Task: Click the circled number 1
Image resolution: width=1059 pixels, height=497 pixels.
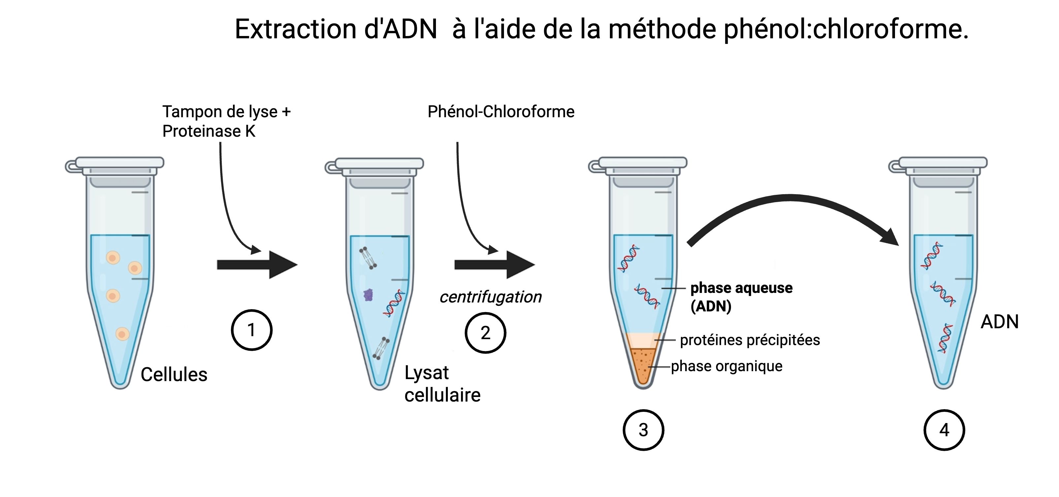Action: tap(251, 330)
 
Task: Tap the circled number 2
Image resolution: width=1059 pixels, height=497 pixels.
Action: tap(485, 333)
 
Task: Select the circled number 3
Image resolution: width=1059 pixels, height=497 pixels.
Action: tap(644, 430)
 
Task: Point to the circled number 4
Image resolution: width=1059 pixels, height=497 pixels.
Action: tap(944, 430)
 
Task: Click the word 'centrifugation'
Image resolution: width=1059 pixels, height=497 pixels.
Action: tap(490, 297)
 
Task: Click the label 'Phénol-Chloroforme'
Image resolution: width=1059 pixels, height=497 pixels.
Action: tap(501, 112)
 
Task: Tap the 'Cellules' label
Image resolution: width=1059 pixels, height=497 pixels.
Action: tap(174, 374)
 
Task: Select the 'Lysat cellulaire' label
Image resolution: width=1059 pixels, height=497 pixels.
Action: tap(442, 384)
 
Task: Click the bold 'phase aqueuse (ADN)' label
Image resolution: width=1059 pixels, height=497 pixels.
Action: tap(741, 297)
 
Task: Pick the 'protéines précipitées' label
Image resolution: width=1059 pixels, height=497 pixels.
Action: tap(749, 340)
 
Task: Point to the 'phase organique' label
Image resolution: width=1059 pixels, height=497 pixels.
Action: tap(726, 366)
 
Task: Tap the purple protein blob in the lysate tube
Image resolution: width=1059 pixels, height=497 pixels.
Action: tap(368, 295)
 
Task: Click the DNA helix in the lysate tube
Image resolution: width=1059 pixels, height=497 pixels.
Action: tap(393, 303)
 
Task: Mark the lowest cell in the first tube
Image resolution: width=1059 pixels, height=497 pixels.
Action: tap(122, 334)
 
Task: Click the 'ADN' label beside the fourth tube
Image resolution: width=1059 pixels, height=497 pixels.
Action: tap(999, 322)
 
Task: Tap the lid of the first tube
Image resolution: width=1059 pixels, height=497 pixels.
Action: tap(119, 162)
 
